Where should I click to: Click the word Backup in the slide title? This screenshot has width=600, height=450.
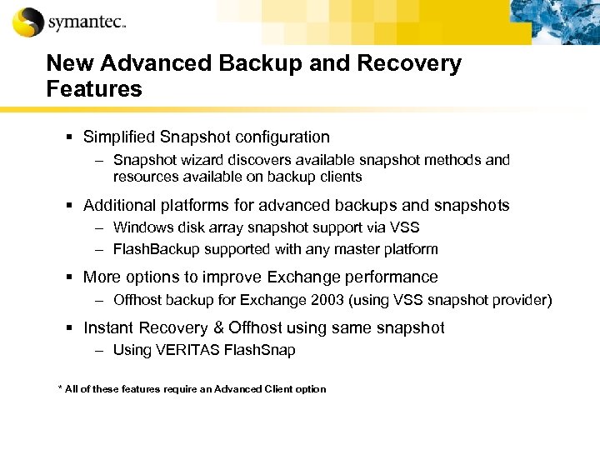tap(269, 64)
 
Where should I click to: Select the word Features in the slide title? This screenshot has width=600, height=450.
tap(94, 89)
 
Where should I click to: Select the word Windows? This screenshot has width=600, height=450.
tap(140, 227)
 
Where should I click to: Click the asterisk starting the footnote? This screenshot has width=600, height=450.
tap(60, 388)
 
